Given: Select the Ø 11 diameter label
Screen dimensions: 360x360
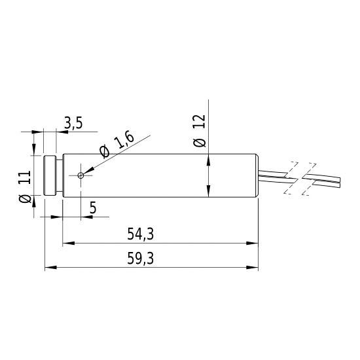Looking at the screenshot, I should coord(24,188).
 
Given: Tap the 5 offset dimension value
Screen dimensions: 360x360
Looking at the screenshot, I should coord(93,208).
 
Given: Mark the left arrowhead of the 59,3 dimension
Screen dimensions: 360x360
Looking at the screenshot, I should coord(48,267).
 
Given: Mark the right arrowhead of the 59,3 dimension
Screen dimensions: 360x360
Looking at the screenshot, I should coord(253,267).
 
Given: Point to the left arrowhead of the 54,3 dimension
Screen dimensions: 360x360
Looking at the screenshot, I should coord(66,243).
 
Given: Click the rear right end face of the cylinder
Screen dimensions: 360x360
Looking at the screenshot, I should coord(257,175).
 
